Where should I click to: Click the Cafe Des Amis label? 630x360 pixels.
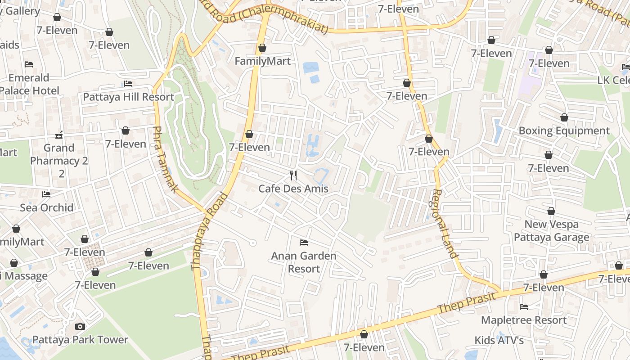tap(293, 189)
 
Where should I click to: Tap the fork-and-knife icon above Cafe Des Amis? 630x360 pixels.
tap(293, 175)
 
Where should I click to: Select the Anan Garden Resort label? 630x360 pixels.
tap(304, 262)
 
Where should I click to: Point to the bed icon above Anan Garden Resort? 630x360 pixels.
tap(304, 243)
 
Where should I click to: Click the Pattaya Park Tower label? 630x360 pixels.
tap(80, 340)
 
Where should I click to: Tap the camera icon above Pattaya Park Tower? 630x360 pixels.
tap(80, 326)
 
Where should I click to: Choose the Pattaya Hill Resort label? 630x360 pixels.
tap(128, 97)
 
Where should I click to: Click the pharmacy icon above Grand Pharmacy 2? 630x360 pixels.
tap(59, 135)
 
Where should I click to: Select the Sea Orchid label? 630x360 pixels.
tap(46, 207)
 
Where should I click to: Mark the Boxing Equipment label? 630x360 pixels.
tap(564, 131)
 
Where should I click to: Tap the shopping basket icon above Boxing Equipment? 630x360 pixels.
tap(564, 117)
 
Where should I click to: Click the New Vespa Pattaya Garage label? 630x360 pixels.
tap(551, 230)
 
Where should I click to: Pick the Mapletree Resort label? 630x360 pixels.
tap(524, 320)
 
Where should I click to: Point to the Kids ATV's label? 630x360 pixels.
tap(499, 340)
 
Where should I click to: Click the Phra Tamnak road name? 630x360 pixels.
tap(165, 160)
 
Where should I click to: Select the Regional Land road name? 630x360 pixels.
tap(445, 224)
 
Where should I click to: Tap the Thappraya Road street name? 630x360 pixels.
tap(209, 232)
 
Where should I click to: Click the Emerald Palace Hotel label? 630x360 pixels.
tap(29, 84)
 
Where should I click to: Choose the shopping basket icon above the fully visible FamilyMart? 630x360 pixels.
tap(262, 48)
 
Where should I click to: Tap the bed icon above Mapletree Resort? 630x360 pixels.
tap(524, 306)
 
